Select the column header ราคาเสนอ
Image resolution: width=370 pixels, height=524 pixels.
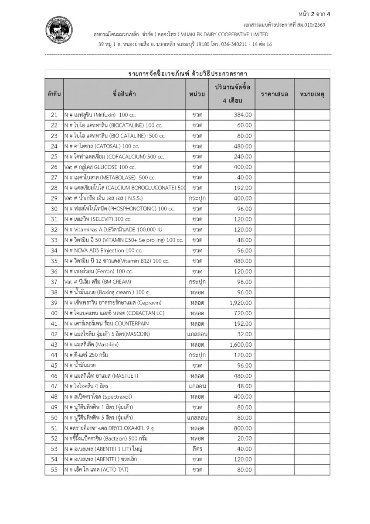(x=275, y=94)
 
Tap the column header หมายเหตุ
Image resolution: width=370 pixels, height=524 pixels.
(x=312, y=94)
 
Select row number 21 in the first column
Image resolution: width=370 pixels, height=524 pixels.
(x=54, y=115)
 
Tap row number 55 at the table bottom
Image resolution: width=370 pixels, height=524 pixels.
(x=54, y=470)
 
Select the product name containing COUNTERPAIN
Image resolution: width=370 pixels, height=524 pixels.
(x=104, y=324)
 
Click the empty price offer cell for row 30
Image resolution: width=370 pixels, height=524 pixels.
(x=275, y=209)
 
